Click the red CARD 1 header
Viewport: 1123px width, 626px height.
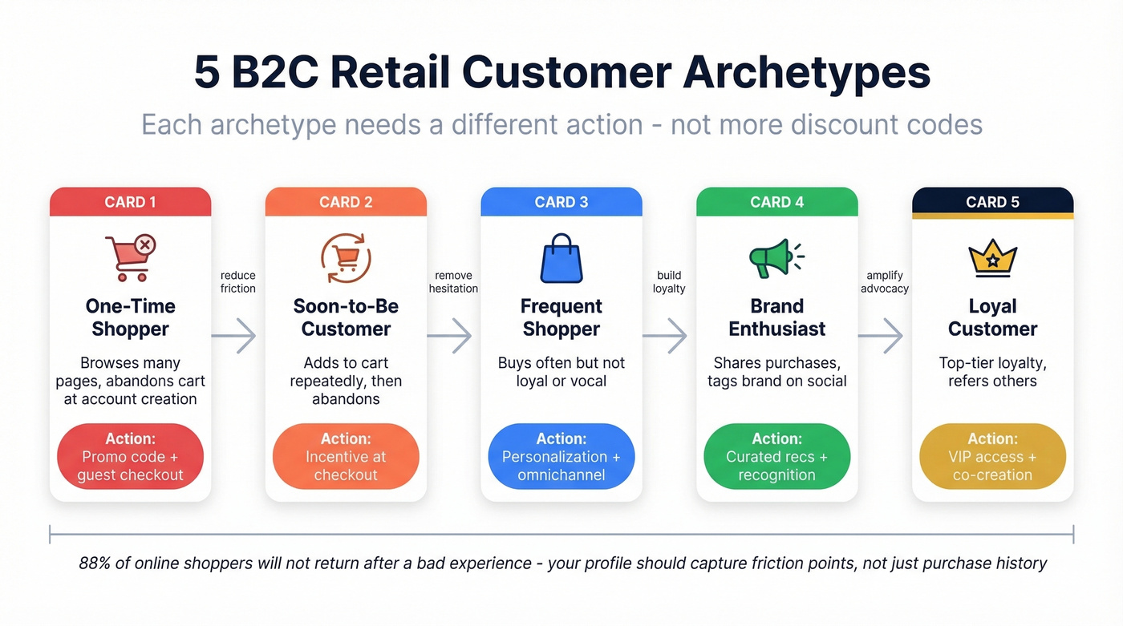point(130,202)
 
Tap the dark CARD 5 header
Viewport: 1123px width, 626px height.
point(992,202)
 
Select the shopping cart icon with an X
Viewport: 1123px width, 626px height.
point(130,257)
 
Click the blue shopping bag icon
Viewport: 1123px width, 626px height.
point(561,258)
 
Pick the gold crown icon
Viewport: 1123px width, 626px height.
point(992,257)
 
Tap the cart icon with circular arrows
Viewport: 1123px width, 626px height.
point(346,257)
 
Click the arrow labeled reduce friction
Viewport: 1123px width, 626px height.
point(234,335)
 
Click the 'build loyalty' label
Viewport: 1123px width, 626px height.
point(669,282)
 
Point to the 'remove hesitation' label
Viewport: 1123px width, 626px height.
point(453,282)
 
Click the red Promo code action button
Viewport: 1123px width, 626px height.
point(130,457)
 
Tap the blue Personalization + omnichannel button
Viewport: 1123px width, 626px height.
point(561,457)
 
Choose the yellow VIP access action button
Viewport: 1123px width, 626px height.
point(992,457)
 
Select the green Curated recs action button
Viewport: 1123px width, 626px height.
point(776,457)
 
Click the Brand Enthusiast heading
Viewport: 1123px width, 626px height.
point(776,317)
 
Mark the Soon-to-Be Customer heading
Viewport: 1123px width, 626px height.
point(346,317)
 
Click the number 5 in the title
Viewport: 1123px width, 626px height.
point(207,74)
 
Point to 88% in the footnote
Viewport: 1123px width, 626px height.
point(95,563)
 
